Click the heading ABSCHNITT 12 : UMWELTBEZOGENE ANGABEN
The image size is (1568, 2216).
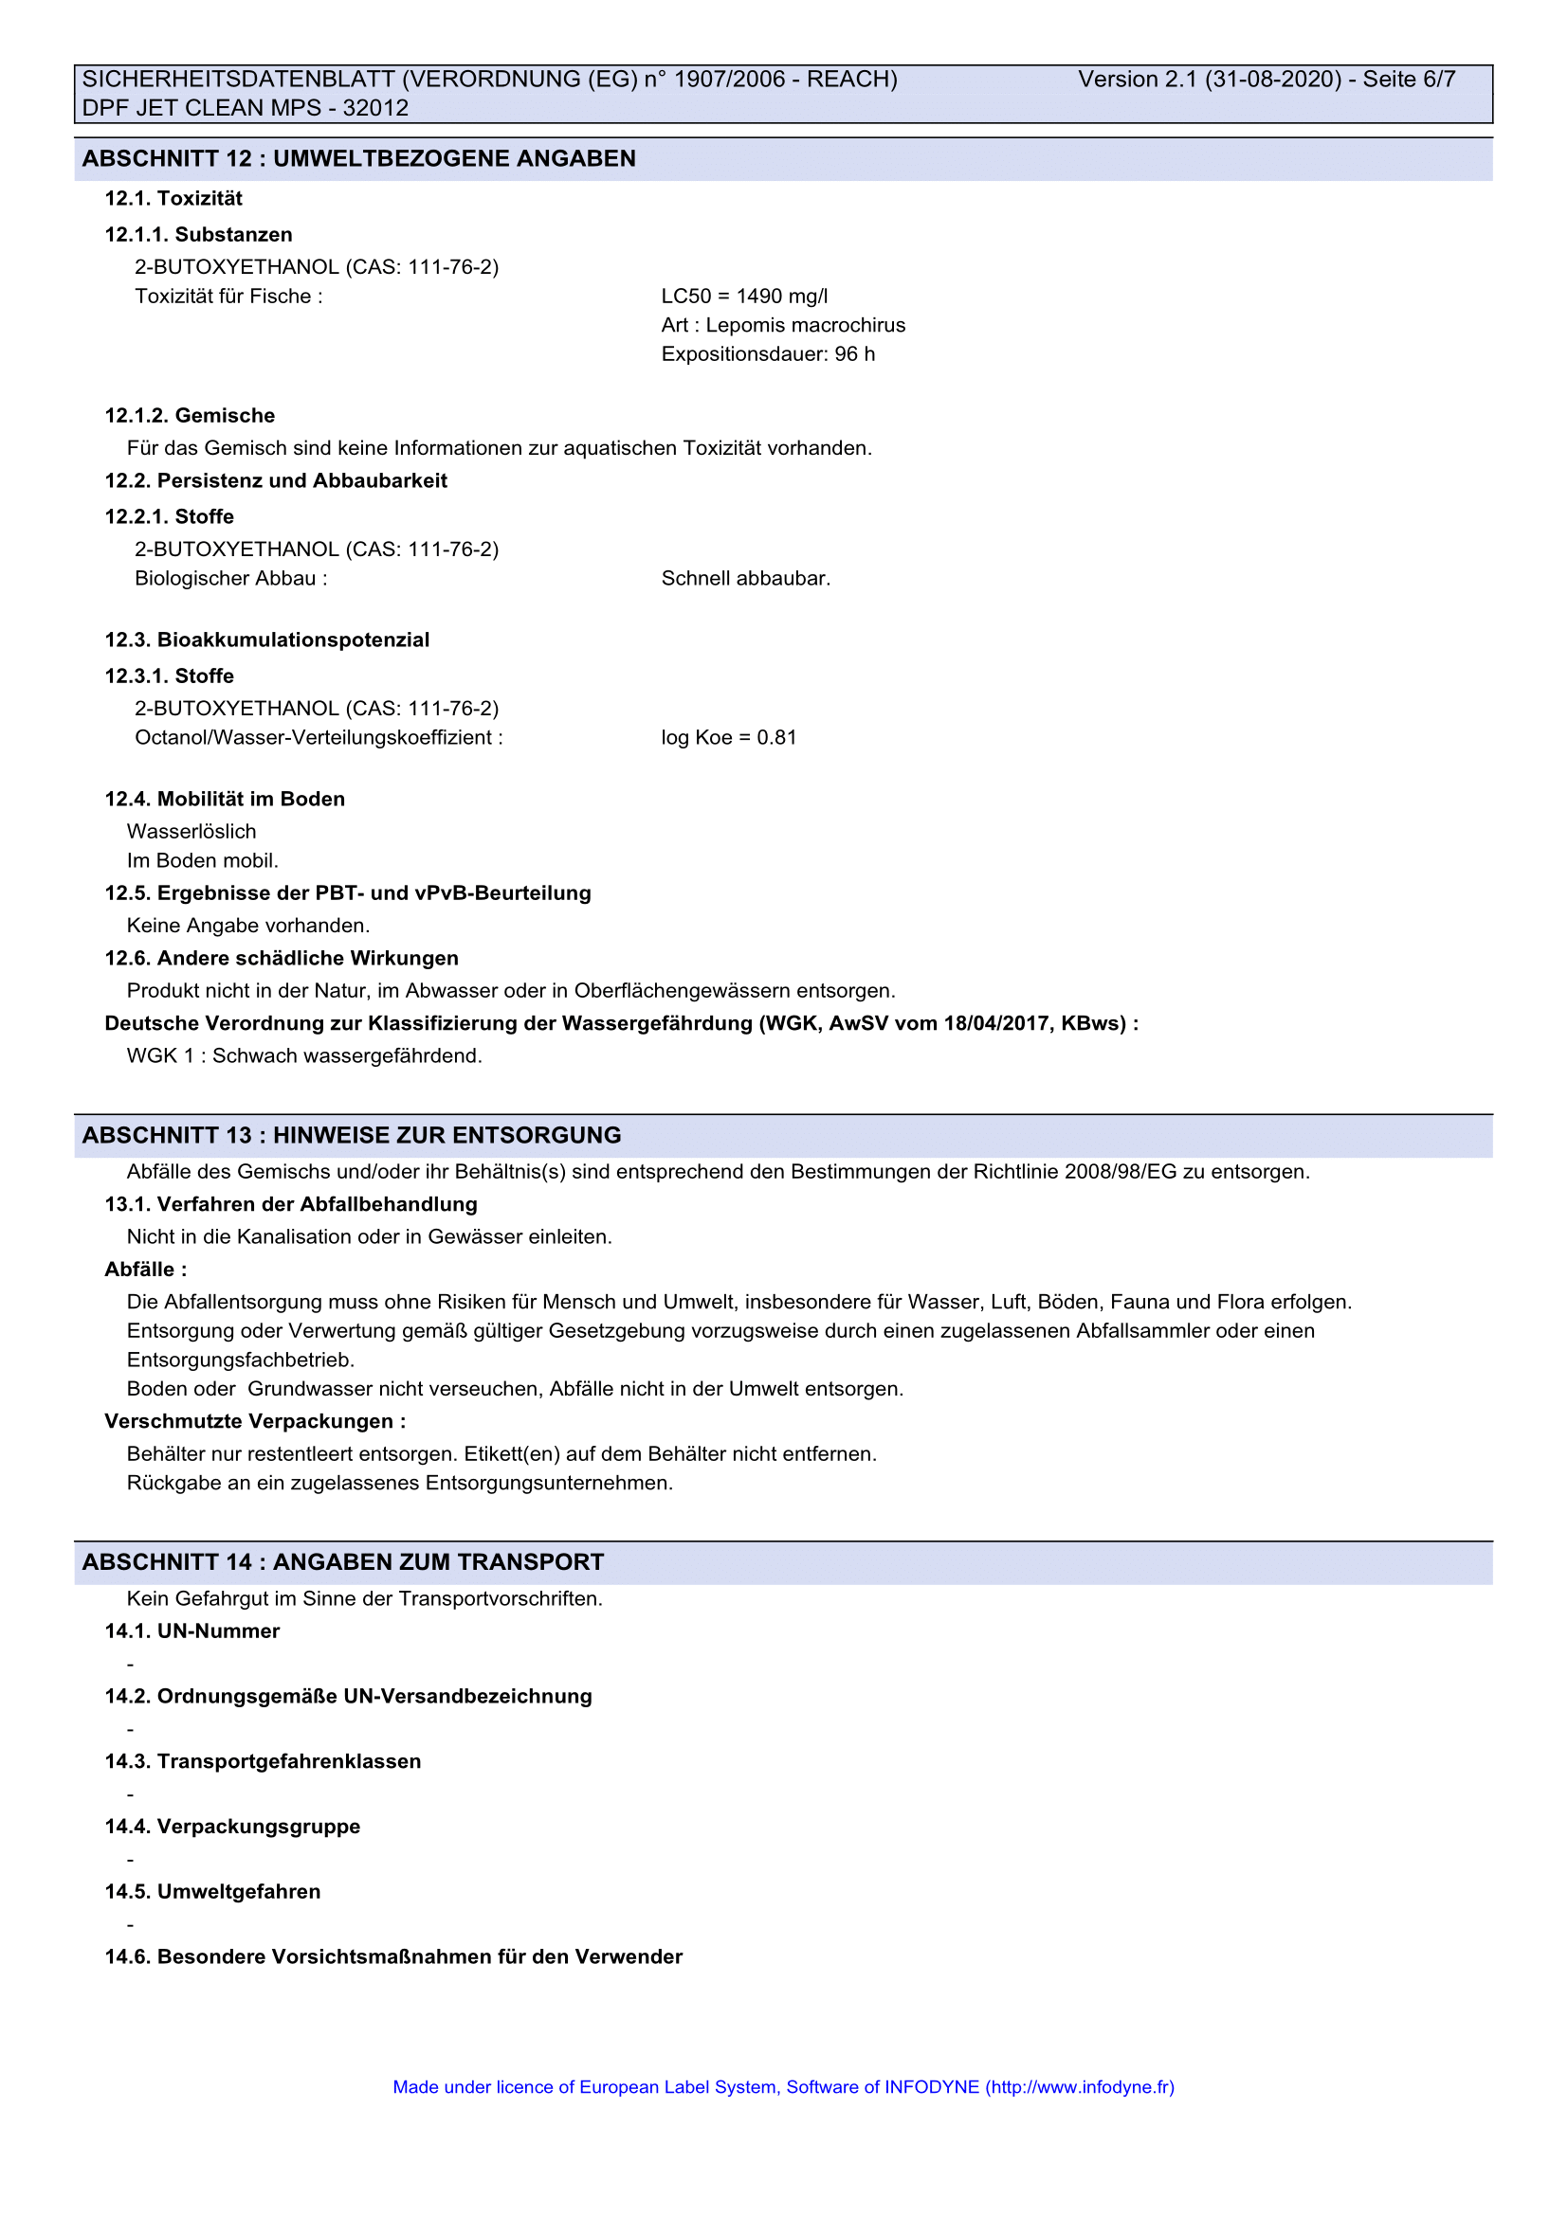coord(358,158)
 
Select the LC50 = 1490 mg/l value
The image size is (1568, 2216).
coord(743,297)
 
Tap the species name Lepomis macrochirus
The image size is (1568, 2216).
coord(805,325)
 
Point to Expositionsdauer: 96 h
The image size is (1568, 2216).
coord(768,354)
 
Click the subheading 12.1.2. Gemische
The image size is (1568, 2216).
coord(190,416)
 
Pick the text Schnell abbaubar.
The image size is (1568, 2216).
coord(745,578)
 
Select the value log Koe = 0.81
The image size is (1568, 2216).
coord(728,737)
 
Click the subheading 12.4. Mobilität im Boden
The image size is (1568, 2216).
coord(224,800)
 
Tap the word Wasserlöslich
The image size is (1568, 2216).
coord(191,831)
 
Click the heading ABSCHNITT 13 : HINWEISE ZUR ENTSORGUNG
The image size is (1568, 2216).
coord(352,1135)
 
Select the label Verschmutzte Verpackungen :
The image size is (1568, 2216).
coord(255,1422)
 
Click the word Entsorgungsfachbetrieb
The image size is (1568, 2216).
coord(241,1360)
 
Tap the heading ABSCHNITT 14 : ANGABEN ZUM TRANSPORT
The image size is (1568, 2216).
coord(343,1561)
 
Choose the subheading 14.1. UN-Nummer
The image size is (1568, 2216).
coord(192,1631)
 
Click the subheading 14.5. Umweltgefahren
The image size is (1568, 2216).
coord(212,1892)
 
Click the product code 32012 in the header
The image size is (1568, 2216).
coord(375,108)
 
